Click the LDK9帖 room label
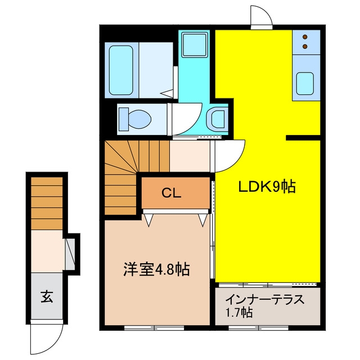pyautogui.click(x=267, y=186)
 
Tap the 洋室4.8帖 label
pyautogui.click(x=157, y=269)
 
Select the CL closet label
pyautogui.click(x=171, y=193)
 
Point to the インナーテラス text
pyautogui.click(x=265, y=300)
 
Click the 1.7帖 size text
pyautogui.click(x=240, y=313)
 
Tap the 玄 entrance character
pyautogui.click(x=47, y=296)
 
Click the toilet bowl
pyautogui.click(x=136, y=119)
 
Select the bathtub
pyautogui.click(x=121, y=70)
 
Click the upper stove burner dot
pyautogui.click(x=305, y=37)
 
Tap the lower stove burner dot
pyautogui.click(x=305, y=47)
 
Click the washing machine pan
pyautogui.click(x=195, y=44)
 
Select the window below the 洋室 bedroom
pyautogui.click(x=154, y=327)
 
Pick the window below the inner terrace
pyautogui.click(x=259, y=327)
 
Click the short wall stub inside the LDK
pyautogui.click(x=303, y=138)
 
